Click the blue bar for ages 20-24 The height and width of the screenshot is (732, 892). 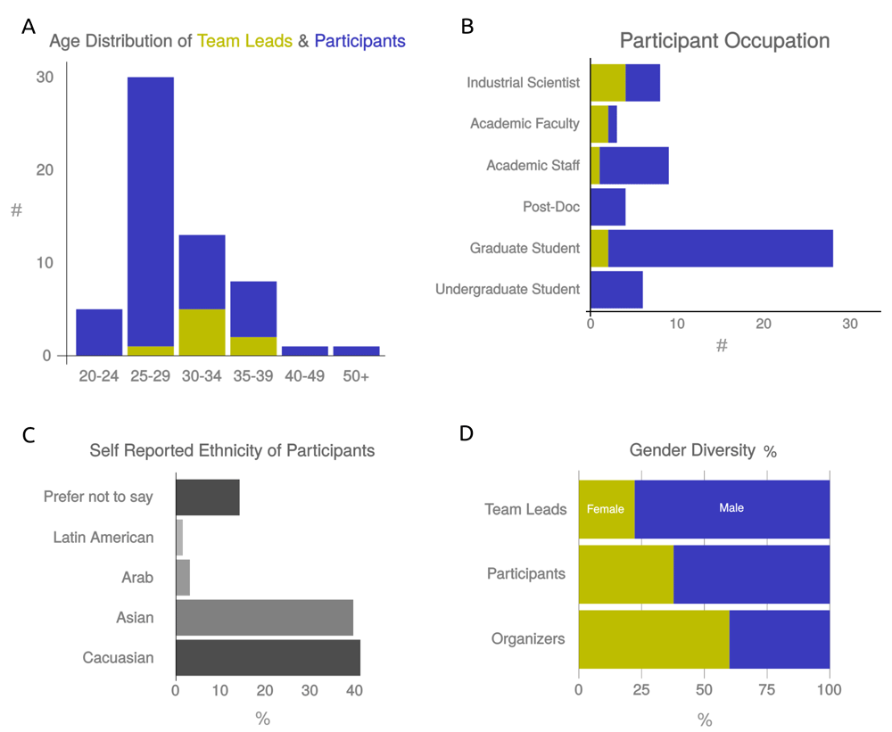[x=99, y=332]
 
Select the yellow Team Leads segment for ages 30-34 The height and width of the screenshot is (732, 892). [x=202, y=332]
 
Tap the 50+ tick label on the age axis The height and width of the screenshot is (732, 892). [x=356, y=376]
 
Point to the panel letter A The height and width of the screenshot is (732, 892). [x=29, y=27]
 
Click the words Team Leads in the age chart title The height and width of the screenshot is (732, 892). [x=244, y=41]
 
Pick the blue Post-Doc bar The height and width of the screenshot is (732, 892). [x=607, y=207]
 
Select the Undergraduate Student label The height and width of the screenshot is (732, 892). [x=508, y=289]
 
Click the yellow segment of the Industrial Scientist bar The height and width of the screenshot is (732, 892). [x=607, y=82]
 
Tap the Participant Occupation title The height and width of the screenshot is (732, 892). [x=724, y=41]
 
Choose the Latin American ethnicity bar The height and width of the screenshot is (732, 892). [x=179, y=538]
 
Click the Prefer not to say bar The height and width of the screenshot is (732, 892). [x=207, y=497]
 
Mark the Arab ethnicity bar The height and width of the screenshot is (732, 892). [x=183, y=578]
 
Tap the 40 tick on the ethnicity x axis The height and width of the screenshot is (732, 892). [x=354, y=689]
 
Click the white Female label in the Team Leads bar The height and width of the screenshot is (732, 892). [x=605, y=510]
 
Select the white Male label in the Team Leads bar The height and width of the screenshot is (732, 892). [x=731, y=508]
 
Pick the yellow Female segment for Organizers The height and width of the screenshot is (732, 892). [x=654, y=639]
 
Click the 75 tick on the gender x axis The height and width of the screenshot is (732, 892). [x=767, y=689]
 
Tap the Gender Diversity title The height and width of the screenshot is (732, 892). [x=692, y=450]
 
